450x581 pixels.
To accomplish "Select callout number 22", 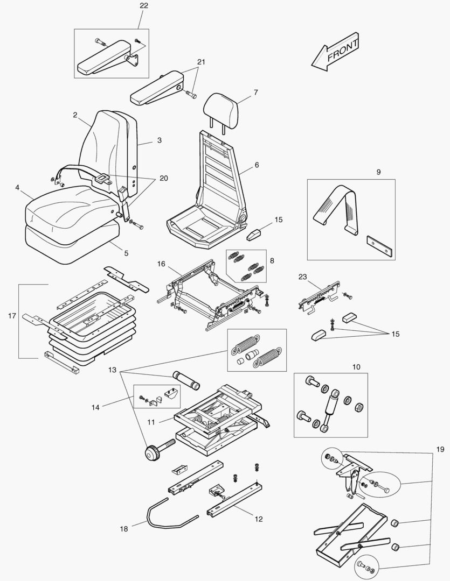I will (x=144, y=5).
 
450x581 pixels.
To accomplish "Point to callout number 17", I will (x=12, y=316).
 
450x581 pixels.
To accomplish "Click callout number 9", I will (x=378, y=172).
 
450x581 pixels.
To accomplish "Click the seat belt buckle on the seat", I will (x=102, y=176).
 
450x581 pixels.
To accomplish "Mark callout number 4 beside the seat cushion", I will (x=17, y=188).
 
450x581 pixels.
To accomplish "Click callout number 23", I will (x=302, y=277).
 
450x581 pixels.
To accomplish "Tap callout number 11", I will (x=152, y=422).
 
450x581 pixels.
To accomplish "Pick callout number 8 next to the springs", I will (x=272, y=260).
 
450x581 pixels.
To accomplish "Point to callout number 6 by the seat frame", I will (x=257, y=165).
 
